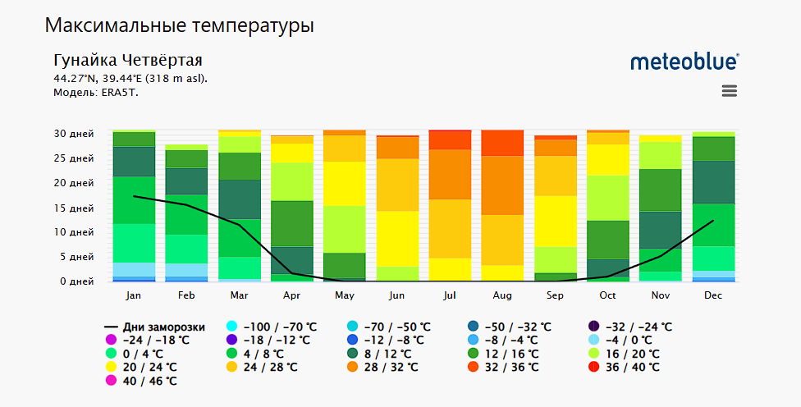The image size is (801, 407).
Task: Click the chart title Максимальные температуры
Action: (x=180, y=25)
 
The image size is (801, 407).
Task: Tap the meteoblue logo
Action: (x=684, y=62)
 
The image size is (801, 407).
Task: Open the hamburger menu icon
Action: (x=729, y=91)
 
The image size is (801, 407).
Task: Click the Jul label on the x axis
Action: (x=450, y=295)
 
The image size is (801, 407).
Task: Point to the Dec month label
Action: (x=713, y=295)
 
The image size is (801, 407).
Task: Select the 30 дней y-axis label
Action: (x=73, y=134)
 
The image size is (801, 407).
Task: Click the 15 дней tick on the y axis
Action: (x=73, y=208)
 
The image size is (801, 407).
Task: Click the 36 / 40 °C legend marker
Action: (x=595, y=367)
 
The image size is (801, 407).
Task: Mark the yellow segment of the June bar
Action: (x=397, y=238)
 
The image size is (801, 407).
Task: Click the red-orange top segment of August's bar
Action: (x=502, y=143)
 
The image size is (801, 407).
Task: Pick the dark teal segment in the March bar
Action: (x=239, y=199)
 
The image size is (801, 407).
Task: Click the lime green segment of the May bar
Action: (x=344, y=229)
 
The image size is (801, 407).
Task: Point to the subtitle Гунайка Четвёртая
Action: (x=127, y=61)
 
